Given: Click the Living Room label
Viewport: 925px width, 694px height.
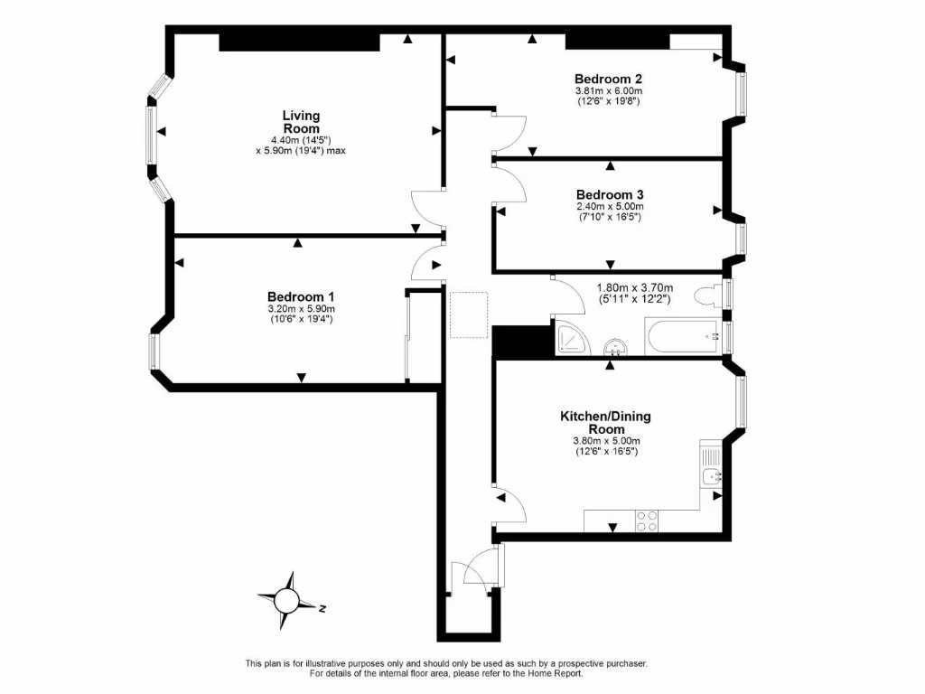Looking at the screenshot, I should click(x=301, y=122).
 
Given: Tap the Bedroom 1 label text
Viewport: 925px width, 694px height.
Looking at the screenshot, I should click(x=301, y=296).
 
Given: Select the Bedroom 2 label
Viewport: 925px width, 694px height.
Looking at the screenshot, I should click(x=608, y=79).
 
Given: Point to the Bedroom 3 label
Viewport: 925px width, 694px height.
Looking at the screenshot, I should click(x=609, y=194).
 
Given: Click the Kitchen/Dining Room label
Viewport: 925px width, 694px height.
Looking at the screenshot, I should click(x=605, y=422).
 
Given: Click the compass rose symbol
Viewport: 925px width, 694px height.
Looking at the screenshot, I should click(x=287, y=599).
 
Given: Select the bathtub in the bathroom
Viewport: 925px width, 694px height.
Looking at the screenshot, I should click(x=682, y=338).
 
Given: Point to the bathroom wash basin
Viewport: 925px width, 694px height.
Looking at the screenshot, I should click(x=614, y=347).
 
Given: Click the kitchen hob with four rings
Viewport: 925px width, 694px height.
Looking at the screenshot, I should click(x=647, y=521).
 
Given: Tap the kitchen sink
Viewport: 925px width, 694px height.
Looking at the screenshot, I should click(x=711, y=474).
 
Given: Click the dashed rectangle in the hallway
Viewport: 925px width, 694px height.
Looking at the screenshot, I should click(x=469, y=314).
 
